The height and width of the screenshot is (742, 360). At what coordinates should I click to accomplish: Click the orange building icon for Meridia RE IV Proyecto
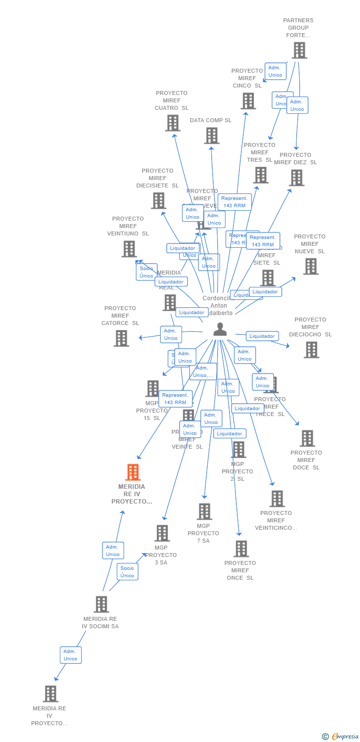133,472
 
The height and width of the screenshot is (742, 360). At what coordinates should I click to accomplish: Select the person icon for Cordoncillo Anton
220,329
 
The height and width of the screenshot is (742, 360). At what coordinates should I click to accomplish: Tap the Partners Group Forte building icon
299,50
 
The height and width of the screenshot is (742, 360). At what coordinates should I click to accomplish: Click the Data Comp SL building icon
211,136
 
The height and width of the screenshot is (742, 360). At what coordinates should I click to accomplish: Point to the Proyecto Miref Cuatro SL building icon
173,123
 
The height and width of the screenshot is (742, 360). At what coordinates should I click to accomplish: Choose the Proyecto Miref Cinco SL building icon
248,101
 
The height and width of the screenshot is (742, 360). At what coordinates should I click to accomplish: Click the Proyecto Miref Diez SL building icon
296,178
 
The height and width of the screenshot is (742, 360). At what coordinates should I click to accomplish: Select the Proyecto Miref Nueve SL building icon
311,266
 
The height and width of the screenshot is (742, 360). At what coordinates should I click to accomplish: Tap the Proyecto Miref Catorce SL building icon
121,338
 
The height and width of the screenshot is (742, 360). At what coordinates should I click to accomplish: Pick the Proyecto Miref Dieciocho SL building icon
311,350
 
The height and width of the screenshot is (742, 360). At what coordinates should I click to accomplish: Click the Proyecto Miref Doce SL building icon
307,438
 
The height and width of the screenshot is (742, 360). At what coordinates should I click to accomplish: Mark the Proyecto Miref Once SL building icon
241,549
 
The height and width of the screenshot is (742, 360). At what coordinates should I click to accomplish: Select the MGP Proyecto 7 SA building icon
204,511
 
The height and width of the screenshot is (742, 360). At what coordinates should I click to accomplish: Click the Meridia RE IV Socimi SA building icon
101,604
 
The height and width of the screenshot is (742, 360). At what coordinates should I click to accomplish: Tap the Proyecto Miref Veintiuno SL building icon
129,249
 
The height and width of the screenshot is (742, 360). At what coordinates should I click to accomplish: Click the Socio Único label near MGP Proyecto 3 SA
127,572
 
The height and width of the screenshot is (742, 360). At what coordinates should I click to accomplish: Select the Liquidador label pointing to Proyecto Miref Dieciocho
262,336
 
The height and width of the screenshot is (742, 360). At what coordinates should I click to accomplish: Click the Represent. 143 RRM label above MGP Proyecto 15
175,399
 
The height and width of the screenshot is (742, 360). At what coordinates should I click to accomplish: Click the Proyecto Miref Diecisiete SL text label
157,178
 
